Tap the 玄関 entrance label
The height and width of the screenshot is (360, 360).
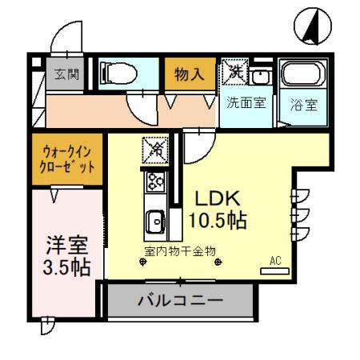tap(66, 74)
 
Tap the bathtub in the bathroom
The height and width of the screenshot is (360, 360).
tap(303, 78)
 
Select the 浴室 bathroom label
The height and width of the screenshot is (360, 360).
tap(302, 104)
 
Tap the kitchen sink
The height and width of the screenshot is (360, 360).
tap(155, 218)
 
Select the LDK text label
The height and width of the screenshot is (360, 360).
tap(214, 198)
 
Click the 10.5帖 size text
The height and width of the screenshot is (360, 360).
tap(216, 218)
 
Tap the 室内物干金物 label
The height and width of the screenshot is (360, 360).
tap(180, 251)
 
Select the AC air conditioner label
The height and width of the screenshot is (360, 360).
tap(275, 261)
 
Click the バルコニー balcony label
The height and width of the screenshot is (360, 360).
tap(180, 302)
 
